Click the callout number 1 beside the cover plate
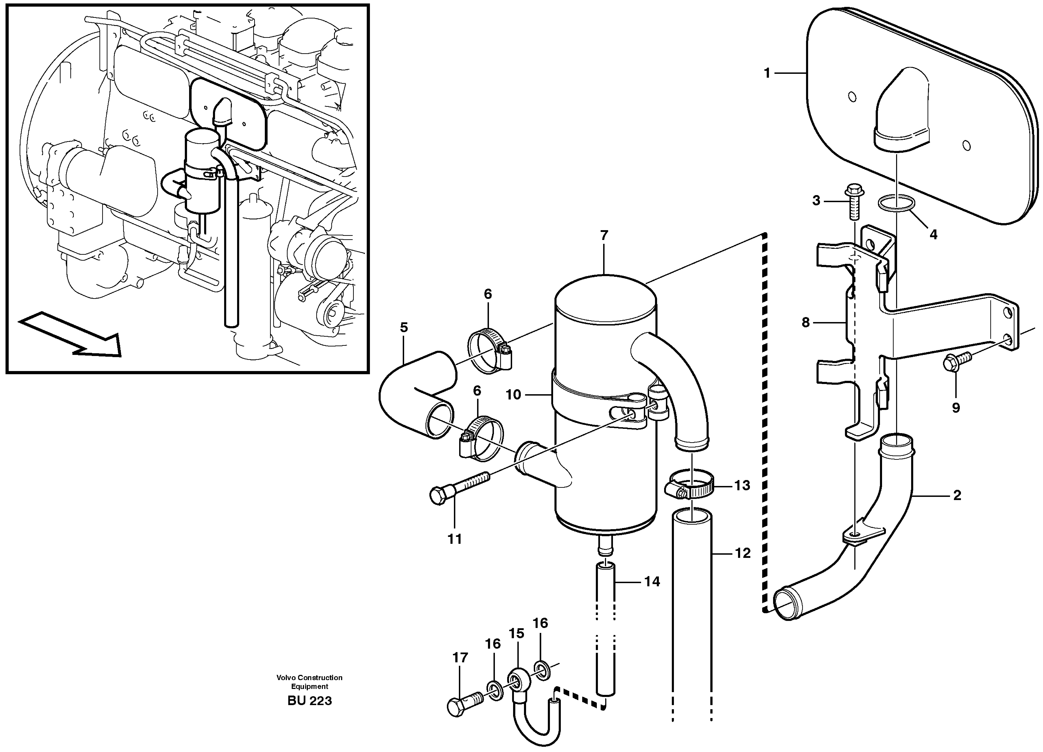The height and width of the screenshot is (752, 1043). click(767, 73)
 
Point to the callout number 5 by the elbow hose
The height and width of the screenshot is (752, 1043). click(403, 327)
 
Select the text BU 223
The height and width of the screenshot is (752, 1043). click(310, 701)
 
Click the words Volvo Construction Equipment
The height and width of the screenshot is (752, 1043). click(310, 682)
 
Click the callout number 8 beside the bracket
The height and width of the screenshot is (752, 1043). click(805, 322)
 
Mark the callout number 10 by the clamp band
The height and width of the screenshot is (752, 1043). click(513, 395)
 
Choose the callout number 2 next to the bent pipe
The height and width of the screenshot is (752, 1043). click(957, 495)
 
